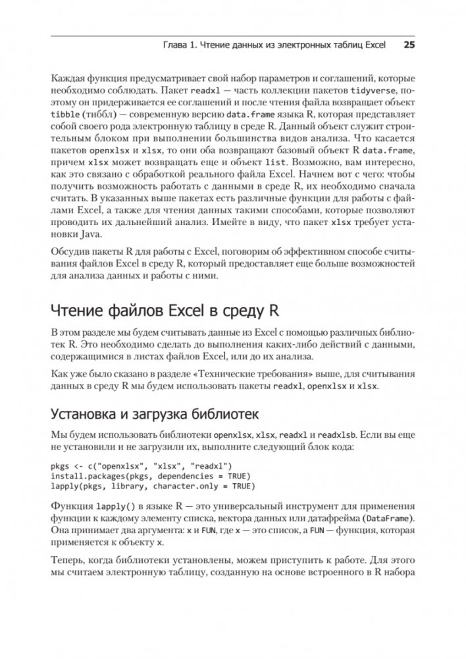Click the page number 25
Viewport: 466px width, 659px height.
tap(407, 46)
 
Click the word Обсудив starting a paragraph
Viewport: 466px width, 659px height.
tap(68, 252)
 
